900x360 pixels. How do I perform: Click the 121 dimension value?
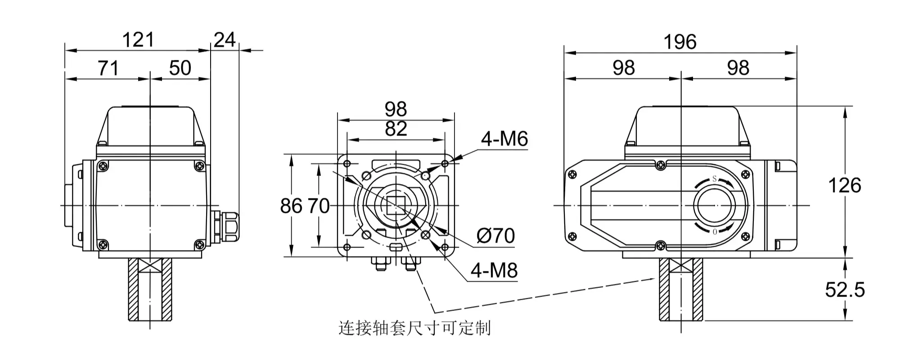pos(138,40)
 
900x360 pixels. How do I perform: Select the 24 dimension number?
pos(224,40)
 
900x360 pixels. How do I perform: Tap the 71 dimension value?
pos(108,68)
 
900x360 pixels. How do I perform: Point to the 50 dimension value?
pos(180,68)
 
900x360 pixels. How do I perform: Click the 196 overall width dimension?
pos(680,42)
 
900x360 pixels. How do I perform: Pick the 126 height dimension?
pos(844,185)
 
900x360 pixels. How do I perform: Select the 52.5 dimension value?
pos(845,290)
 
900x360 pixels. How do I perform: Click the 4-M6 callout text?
pos(504,139)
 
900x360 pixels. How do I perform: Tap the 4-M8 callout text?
pos(494,270)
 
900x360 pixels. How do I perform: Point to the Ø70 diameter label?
pos(495,236)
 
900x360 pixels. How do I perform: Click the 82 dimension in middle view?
pos(396,129)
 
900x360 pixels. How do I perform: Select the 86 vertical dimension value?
pos(291,206)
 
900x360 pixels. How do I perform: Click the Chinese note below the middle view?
pos(414,328)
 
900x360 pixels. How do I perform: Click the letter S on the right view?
pos(714,179)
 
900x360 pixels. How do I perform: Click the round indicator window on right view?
pos(716,206)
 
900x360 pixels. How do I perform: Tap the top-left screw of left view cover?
pos(103,166)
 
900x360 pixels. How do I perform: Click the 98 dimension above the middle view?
pos(396,109)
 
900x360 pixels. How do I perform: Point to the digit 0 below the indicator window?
pos(715,232)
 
